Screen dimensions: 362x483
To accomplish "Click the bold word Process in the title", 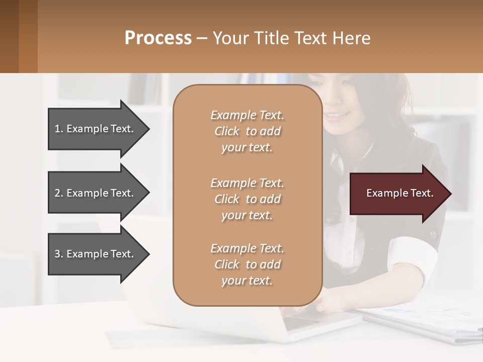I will (158, 38).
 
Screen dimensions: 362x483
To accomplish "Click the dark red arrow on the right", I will (397, 194).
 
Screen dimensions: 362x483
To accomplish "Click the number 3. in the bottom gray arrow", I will (59, 254).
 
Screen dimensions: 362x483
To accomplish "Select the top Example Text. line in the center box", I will (247, 115).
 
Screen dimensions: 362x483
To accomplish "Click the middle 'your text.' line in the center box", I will (247, 215).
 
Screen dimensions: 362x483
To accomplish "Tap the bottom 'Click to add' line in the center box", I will (247, 264).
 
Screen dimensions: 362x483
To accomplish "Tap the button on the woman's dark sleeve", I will (432, 233).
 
